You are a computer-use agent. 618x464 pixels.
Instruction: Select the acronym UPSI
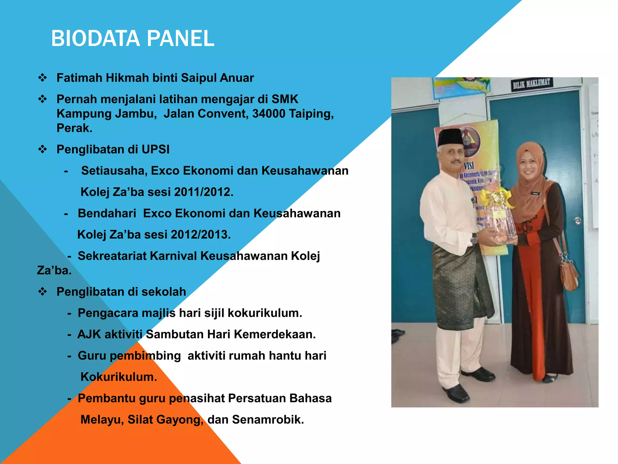[155, 149]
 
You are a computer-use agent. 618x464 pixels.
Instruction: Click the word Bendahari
[107, 213]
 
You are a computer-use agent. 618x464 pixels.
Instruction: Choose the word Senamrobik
[268, 420]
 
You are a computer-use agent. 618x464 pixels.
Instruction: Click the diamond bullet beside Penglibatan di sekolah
[43, 292]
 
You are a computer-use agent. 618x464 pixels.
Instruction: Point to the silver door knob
[578, 221]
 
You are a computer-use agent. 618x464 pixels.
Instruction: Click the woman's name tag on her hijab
[535, 194]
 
